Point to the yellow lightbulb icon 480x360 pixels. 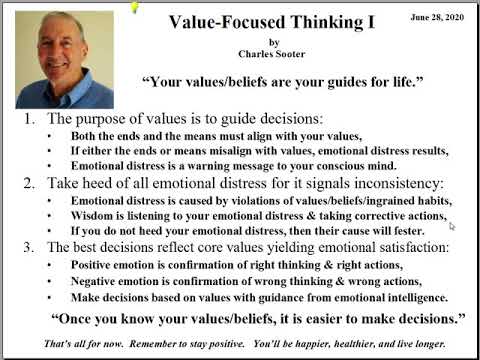[136, 7]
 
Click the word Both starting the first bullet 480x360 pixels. [87, 137]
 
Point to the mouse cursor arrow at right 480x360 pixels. [452, 227]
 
